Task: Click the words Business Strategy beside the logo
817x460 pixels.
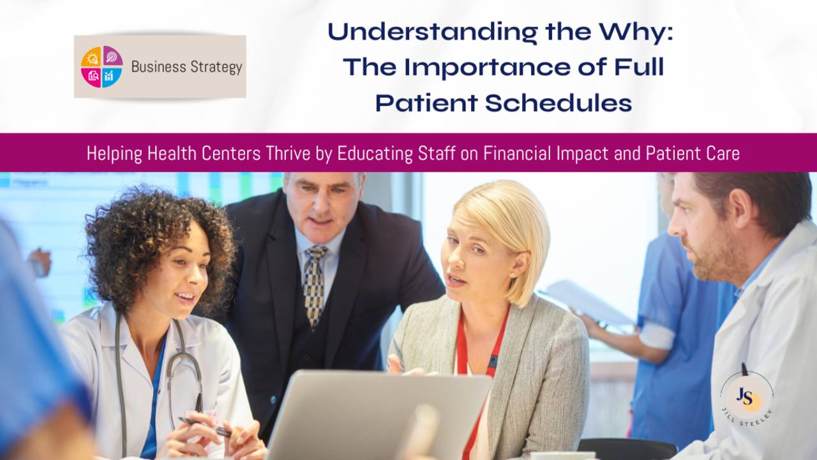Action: [186, 66]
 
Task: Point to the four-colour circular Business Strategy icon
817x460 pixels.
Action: [101, 66]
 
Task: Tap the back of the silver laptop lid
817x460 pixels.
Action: [377, 415]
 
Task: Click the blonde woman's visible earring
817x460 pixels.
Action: [511, 273]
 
